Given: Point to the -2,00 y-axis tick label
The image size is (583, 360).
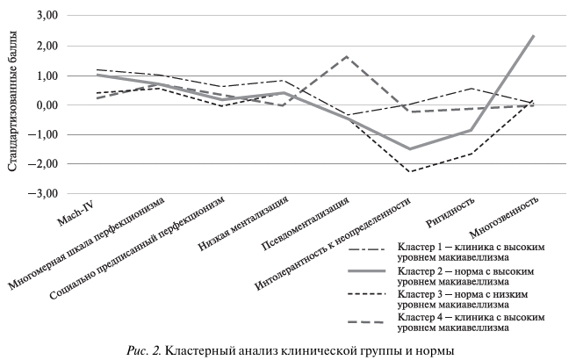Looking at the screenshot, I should point(43,164).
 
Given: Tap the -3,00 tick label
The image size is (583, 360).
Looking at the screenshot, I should point(43,194).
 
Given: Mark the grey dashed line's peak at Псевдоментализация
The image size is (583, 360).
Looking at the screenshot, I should point(347,56).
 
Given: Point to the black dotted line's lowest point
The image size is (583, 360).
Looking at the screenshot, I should point(409,171).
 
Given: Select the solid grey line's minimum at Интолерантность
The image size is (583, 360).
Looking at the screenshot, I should point(409,149).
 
